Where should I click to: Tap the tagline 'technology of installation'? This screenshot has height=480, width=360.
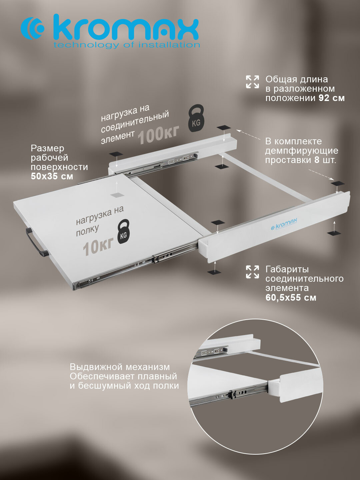tap(127, 45)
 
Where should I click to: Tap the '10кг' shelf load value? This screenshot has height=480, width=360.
tap(98, 247)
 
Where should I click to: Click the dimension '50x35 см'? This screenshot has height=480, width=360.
tap(52, 176)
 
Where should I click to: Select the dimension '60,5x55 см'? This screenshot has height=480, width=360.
tap(291, 298)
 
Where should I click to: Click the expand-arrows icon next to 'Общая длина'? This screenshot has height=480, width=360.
tap(252, 82)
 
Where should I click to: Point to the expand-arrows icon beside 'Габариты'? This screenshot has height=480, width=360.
tap(252, 272)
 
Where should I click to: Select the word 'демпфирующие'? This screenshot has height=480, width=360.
tap(302, 151)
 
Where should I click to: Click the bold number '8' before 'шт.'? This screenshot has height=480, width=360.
tap(317, 160)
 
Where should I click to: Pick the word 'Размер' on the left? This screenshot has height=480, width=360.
tap(47, 149)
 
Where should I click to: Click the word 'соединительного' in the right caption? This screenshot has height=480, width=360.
tap(304, 279)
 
